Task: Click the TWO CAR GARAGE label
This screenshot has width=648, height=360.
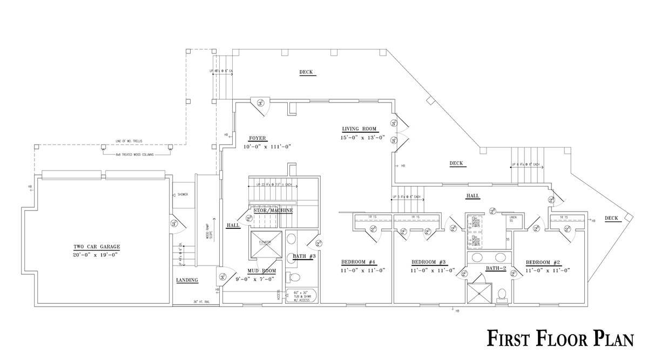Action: [x=97, y=247]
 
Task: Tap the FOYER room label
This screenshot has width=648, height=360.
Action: [x=258, y=138]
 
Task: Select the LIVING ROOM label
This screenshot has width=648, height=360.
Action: [x=359, y=129]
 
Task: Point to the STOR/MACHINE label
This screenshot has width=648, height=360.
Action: [x=273, y=210]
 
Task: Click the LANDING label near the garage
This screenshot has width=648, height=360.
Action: [x=187, y=280]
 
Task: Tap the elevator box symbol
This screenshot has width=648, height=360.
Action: [x=265, y=244]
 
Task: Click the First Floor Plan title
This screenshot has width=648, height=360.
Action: [x=560, y=338]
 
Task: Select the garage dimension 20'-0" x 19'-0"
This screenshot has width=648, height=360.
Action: [x=97, y=255]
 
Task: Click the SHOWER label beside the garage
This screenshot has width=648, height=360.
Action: [x=183, y=194]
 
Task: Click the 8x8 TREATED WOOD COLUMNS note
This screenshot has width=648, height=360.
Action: [x=134, y=154]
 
